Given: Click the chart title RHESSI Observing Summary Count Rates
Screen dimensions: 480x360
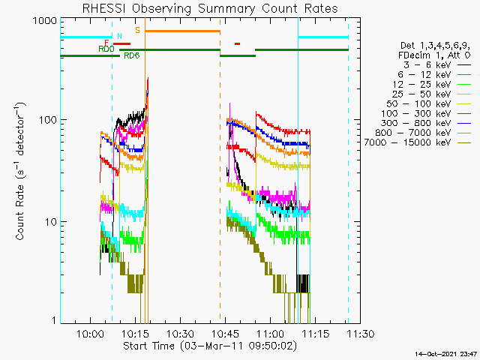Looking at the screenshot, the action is pos(210,8).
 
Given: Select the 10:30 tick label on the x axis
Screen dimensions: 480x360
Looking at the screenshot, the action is pos(181,333).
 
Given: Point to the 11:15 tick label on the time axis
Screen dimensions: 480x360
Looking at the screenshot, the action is pos(316,333).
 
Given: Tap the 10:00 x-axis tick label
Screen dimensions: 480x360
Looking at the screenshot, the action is pos(90,333).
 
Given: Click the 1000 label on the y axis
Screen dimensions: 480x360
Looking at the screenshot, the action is pos(45,20).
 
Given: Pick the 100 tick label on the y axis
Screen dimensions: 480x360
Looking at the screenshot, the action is pos(48,120).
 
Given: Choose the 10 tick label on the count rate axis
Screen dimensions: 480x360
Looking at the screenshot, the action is pos(51,222).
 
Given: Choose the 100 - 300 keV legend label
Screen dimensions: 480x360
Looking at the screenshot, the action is pos(416,113).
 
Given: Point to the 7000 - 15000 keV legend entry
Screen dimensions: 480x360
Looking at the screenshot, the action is pos(407,142).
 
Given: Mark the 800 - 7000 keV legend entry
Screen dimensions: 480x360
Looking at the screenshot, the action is pos(413,133).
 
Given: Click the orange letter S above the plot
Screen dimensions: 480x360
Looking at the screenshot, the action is pos(137,30).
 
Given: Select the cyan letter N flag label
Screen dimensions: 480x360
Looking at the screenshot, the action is pos(119,36).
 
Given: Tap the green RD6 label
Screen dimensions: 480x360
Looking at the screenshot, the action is pos(132,55).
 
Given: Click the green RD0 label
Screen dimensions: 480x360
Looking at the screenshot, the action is pos(106,49).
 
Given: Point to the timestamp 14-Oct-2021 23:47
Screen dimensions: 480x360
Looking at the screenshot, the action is pos(446,354).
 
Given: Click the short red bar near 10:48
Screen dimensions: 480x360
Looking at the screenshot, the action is pos(237,43).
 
